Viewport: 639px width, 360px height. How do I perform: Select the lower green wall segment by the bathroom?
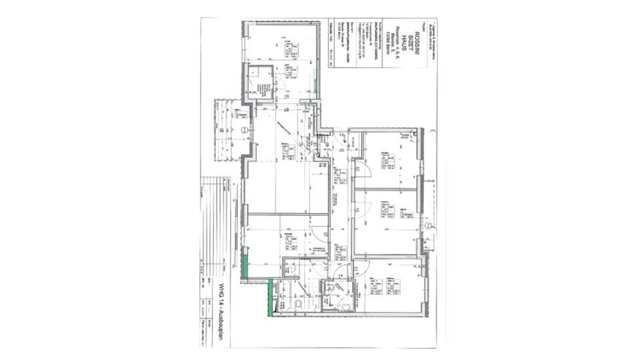click(271, 296)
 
